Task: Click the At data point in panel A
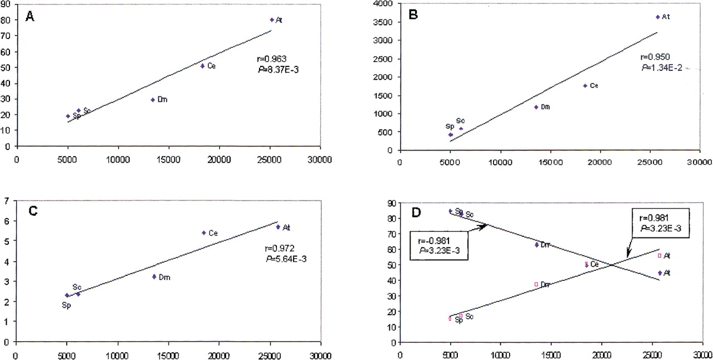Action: [272, 20]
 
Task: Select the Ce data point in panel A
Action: [203, 66]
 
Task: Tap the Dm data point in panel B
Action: [536, 107]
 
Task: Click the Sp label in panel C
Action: [66, 305]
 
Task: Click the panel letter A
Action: [30, 17]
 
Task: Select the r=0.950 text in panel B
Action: [652, 57]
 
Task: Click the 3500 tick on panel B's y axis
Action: [387, 22]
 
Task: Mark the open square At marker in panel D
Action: [660, 255]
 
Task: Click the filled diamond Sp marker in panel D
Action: [450, 211]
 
